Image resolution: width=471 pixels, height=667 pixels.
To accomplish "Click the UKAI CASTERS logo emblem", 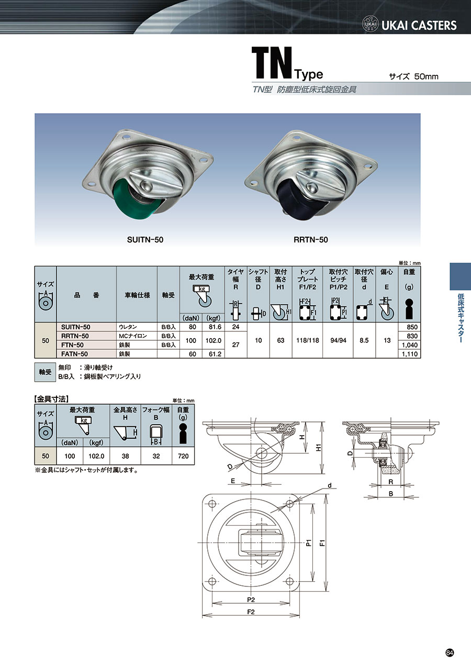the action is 371,25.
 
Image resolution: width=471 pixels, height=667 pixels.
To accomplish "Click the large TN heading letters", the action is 272,63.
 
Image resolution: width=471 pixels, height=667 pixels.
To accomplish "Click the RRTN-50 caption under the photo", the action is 310,240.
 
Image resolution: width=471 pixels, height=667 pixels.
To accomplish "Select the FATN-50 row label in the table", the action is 74,354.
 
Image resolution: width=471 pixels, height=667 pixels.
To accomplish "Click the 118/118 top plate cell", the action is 308,340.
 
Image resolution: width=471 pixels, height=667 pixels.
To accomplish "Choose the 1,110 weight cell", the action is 410,354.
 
